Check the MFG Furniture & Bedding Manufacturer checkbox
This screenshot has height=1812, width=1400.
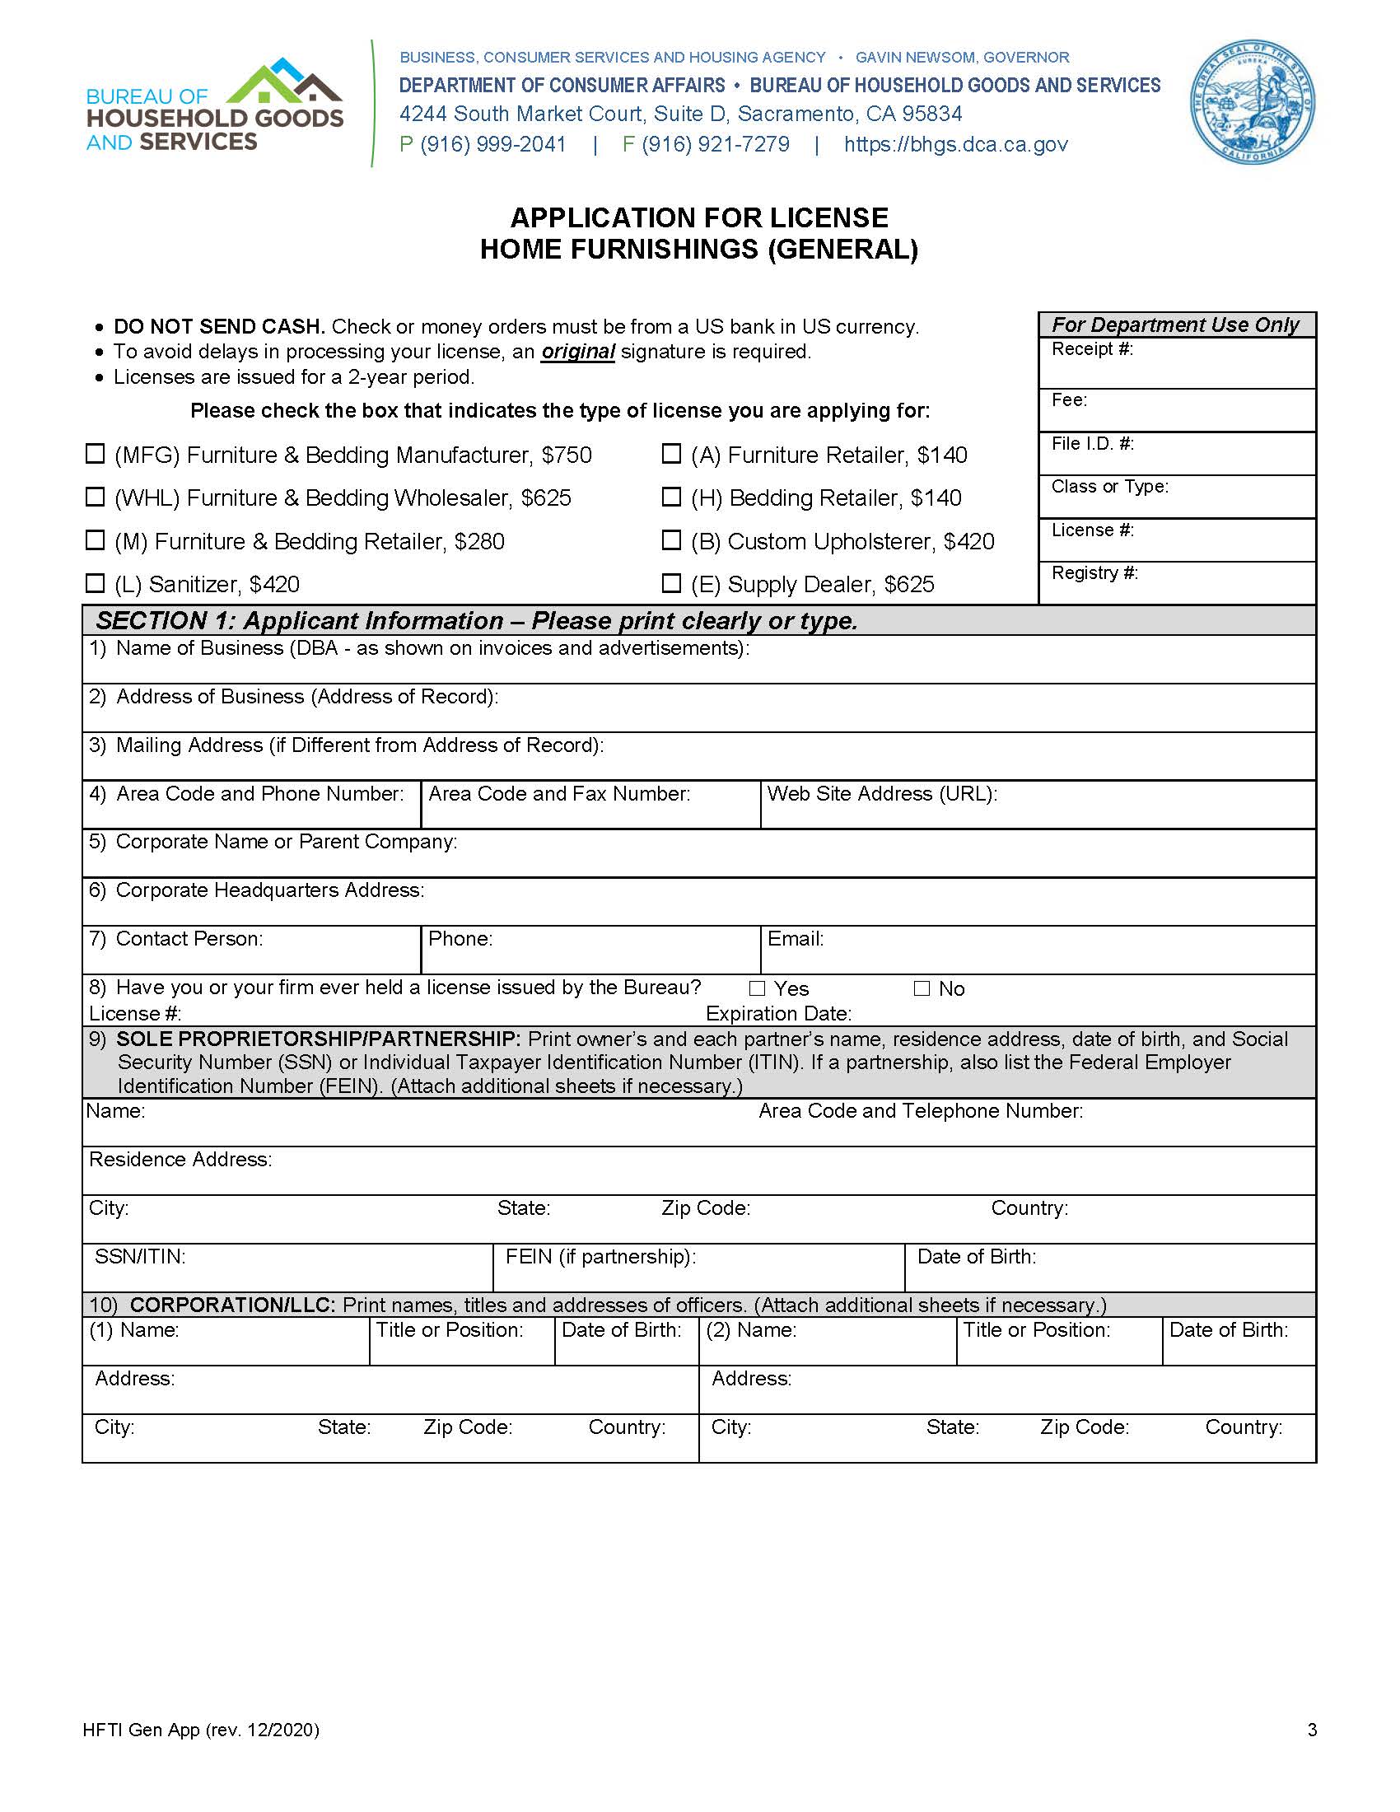(x=96, y=454)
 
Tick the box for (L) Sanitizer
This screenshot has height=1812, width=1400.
(x=96, y=583)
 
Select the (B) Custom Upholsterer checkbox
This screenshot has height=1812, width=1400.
(x=671, y=540)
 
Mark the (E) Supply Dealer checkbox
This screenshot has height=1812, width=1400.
(x=671, y=583)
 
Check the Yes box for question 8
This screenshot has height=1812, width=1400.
(x=756, y=988)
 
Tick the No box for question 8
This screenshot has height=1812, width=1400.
(x=922, y=988)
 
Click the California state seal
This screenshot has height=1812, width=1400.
(x=1252, y=103)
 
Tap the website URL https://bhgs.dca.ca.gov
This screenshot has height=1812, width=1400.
(x=955, y=144)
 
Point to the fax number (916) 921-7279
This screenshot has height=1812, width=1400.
(x=715, y=144)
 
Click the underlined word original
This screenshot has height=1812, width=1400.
(x=577, y=352)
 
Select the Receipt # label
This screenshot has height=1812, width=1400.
(x=1091, y=349)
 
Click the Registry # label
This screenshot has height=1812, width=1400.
(x=1094, y=572)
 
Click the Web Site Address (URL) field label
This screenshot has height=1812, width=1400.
(x=882, y=794)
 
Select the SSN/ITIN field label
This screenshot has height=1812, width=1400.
(x=140, y=1257)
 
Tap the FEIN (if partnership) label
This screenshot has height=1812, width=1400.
(x=600, y=1257)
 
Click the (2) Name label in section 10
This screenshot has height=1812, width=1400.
(x=750, y=1330)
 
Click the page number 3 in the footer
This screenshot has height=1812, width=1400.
(x=1312, y=1730)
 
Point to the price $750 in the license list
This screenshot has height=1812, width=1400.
(x=567, y=455)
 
